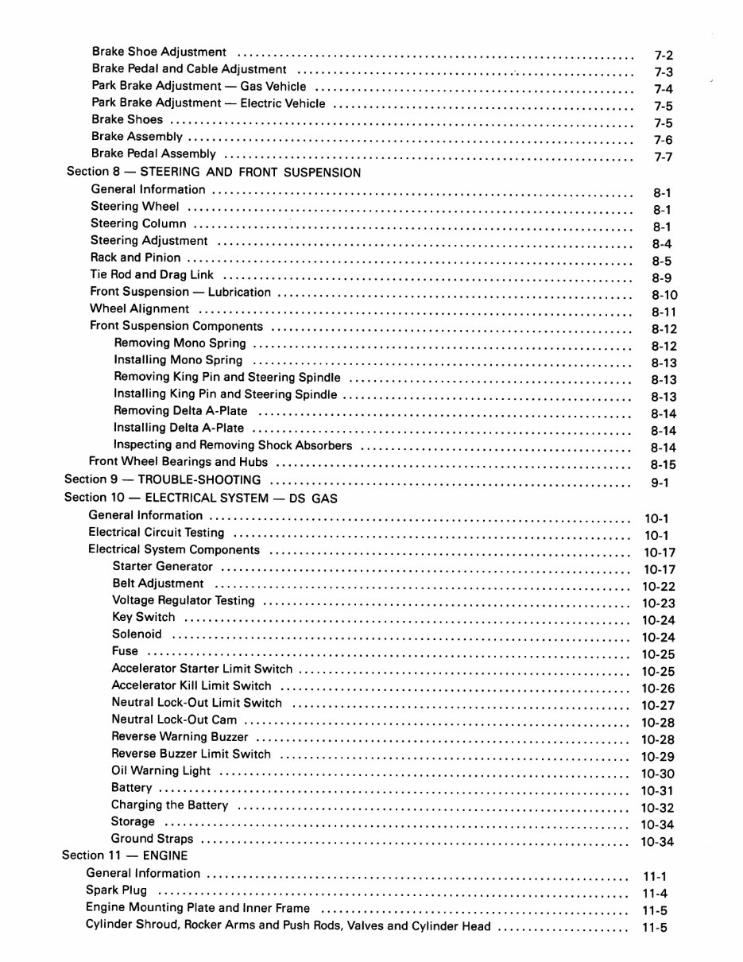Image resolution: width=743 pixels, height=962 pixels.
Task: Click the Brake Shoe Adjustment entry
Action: click(159, 52)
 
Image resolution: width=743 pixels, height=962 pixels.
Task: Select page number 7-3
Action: click(664, 72)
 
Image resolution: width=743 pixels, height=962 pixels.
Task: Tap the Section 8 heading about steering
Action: click(214, 172)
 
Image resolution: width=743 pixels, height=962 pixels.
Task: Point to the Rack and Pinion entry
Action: click(135, 258)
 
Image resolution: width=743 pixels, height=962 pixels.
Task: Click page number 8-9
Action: click(662, 278)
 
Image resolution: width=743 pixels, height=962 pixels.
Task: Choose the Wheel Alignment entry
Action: click(140, 308)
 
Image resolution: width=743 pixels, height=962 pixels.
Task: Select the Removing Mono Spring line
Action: click(180, 343)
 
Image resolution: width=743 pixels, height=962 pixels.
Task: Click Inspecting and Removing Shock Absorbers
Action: click(233, 445)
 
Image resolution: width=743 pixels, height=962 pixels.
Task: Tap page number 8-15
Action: click(664, 465)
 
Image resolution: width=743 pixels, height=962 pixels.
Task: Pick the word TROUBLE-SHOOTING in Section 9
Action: click(199, 479)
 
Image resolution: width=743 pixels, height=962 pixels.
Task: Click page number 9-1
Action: click(661, 483)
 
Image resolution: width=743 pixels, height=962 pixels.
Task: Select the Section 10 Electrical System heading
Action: click(200, 498)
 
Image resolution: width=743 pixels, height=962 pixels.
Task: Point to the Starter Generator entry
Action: click(163, 567)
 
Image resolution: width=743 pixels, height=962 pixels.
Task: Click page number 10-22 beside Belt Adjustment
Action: click(658, 587)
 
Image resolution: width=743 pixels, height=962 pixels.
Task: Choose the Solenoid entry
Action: click(137, 634)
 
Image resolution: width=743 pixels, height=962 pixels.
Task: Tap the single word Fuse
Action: click(125, 651)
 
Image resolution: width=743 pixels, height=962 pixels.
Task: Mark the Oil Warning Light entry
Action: click(161, 770)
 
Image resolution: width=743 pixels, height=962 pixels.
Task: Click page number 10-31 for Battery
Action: click(657, 790)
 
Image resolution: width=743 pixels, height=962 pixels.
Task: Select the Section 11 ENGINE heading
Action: click(125, 855)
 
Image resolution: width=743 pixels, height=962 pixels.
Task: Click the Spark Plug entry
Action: click(116, 890)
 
